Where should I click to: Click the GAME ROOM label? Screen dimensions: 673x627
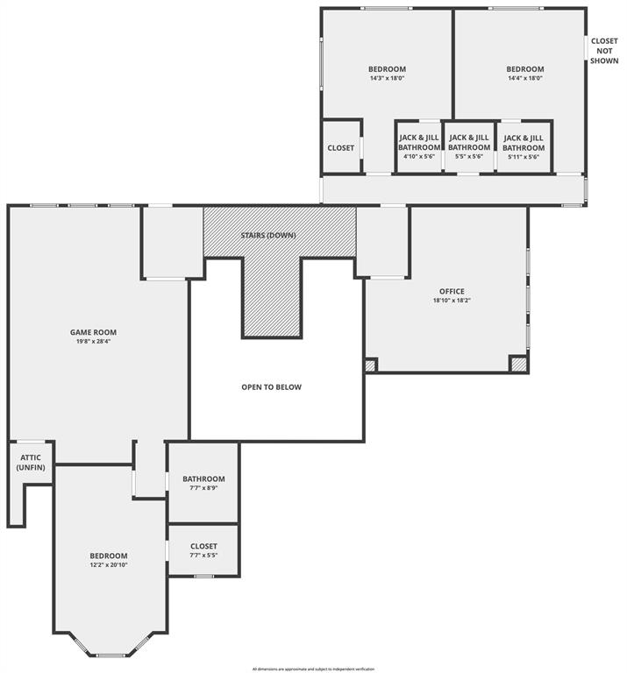[x=93, y=332]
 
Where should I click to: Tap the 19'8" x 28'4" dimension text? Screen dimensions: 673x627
[x=93, y=342]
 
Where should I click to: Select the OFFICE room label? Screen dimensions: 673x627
[x=452, y=291]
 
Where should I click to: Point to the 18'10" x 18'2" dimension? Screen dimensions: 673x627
[x=452, y=301]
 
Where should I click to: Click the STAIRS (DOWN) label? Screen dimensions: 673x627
[x=268, y=236]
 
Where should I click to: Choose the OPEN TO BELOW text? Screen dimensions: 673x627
[x=272, y=386]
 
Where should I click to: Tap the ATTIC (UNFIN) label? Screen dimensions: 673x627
[x=30, y=463]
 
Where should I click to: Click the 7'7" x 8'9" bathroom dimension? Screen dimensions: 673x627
[x=203, y=488]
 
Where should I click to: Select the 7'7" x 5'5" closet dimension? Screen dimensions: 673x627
[x=203, y=556]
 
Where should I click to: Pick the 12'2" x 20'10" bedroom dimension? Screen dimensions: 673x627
[x=109, y=565]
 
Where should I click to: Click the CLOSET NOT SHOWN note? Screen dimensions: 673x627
[x=604, y=51]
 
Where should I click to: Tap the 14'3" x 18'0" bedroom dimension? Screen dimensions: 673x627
[x=387, y=79]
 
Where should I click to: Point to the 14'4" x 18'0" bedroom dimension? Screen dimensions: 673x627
[x=524, y=79]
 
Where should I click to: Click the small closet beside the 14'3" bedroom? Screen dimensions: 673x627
[x=341, y=147]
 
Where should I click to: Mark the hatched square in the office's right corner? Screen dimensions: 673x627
[x=518, y=364]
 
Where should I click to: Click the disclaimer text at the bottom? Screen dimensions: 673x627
[x=312, y=668]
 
